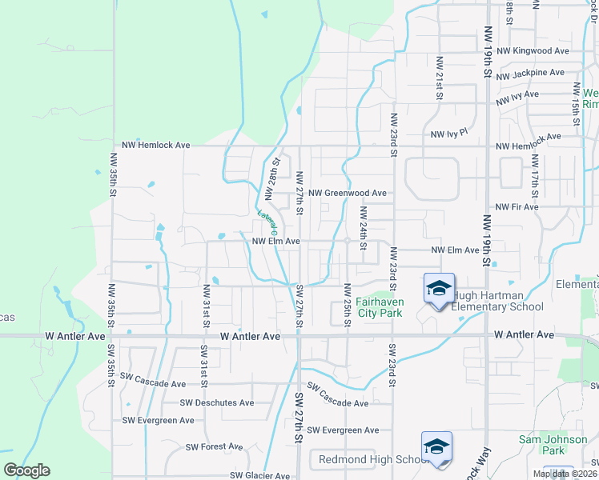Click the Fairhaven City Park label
[x=379, y=308]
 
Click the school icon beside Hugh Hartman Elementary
[x=438, y=289]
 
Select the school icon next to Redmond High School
[x=436, y=447]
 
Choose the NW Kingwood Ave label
[x=532, y=50]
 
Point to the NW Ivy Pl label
[x=448, y=135]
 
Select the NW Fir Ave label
[x=517, y=206]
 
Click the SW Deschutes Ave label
[x=216, y=402]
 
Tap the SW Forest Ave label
[x=214, y=446]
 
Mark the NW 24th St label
[x=363, y=228]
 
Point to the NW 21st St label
[x=440, y=78]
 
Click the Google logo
[x=26, y=470]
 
